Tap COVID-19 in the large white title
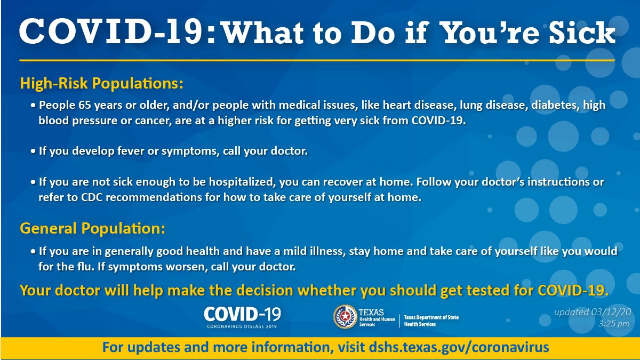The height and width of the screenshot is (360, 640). [x=111, y=31]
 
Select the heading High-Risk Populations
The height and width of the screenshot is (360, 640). [x=101, y=83]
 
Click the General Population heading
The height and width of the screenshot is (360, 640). [x=92, y=229]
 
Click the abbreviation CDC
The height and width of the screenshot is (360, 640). [x=92, y=197]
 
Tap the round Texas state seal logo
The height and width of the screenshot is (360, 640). [x=345, y=317]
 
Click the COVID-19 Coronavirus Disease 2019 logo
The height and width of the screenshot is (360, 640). [x=242, y=317]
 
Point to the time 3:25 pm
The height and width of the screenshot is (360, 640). [x=614, y=324]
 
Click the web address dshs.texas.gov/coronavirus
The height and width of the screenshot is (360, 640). [x=459, y=347]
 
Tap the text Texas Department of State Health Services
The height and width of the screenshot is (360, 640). [x=431, y=321]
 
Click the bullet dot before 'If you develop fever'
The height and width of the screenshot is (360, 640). [x=33, y=151]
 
